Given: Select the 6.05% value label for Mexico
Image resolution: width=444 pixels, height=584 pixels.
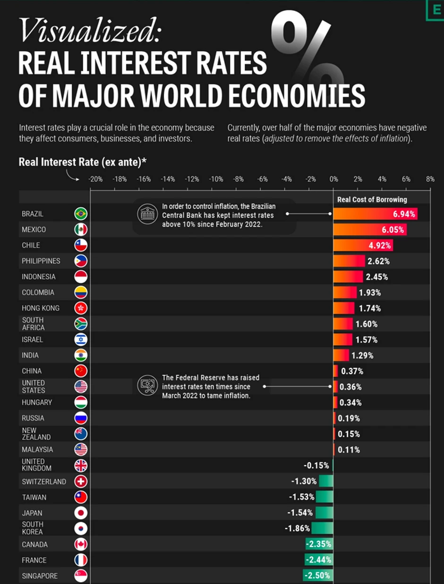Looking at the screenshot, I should (x=393, y=229).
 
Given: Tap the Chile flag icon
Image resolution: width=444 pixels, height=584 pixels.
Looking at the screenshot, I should (x=81, y=245).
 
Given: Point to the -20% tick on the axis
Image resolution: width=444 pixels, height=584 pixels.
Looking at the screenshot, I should (x=95, y=179).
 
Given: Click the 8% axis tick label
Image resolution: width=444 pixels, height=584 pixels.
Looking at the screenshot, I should (x=430, y=179).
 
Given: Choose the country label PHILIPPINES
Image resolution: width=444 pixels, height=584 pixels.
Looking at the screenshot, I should (x=41, y=261).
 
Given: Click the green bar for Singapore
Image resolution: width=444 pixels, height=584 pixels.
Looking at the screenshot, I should (x=318, y=576).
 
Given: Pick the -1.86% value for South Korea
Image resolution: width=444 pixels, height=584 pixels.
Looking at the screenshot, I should (x=298, y=528).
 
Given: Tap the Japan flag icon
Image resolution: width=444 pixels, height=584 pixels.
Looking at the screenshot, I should (x=81, y=513).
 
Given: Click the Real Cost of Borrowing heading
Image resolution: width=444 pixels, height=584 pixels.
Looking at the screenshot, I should (x=372, y=199).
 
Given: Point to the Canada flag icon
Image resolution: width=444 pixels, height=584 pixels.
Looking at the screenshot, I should (x=81, y=544).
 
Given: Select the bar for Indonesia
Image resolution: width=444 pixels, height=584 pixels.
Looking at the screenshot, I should (x=349, y=277).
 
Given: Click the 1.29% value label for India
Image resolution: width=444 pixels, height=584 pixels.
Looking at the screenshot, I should (x=363, y=355).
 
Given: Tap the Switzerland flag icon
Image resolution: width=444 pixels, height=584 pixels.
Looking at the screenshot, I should (x=81, y=482).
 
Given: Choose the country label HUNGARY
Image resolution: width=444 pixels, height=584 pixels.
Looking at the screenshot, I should (x=37, y=402).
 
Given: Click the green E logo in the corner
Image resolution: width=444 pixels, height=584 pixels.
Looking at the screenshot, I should (x=435, y=10).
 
